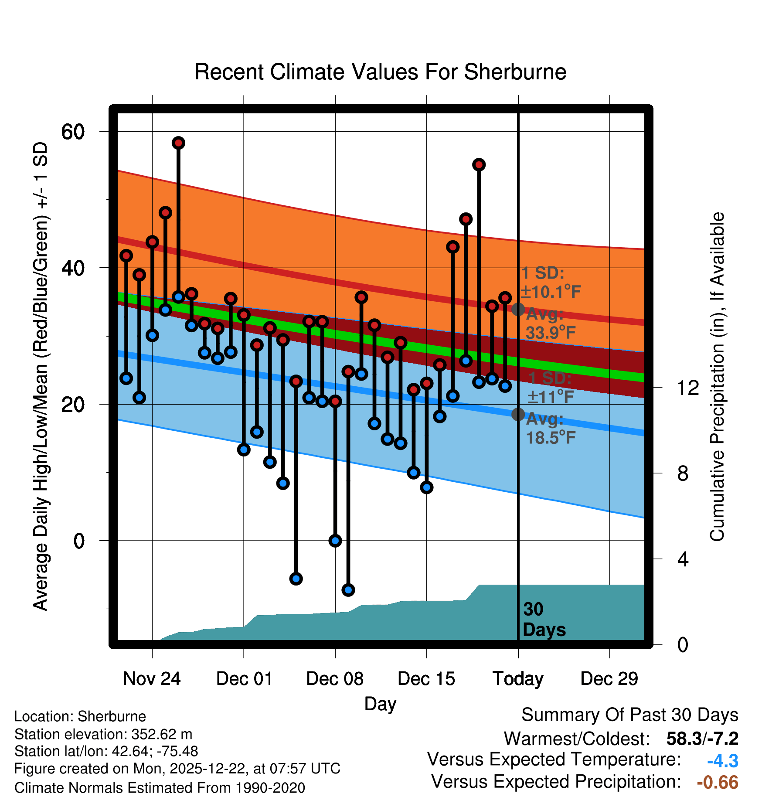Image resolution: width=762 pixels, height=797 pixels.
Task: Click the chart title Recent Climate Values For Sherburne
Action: pos(380,72)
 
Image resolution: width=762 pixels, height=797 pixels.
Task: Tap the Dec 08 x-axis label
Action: pos(335,679)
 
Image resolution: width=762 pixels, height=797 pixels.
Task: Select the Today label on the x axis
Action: pos(518,679)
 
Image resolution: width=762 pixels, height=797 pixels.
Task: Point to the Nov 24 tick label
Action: pos(152,679)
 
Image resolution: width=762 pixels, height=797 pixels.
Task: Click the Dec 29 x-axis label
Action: pos(609,679)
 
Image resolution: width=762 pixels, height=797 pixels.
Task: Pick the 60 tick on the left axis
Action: pos(73,132)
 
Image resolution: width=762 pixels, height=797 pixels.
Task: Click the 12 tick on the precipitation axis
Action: pos(687,388)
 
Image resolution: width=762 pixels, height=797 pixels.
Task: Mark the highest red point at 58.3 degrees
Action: pos(178,143)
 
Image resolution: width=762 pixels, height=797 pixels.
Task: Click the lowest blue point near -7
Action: pos(348,590)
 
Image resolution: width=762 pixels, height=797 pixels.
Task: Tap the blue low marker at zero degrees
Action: pos(335,541)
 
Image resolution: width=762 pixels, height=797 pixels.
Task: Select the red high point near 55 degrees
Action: pos(479,165)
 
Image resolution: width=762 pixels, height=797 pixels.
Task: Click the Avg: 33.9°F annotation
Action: pos(550,324)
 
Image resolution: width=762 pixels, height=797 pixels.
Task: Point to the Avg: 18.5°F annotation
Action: pos(550,428)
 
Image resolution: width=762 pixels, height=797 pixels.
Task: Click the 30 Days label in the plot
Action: pos(544,620)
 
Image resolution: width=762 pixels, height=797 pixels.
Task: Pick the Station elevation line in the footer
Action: pos(103,735)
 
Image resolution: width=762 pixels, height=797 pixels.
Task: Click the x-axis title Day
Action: pos(380,704)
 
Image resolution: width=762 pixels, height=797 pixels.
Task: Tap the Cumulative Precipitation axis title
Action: pos(717,377)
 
